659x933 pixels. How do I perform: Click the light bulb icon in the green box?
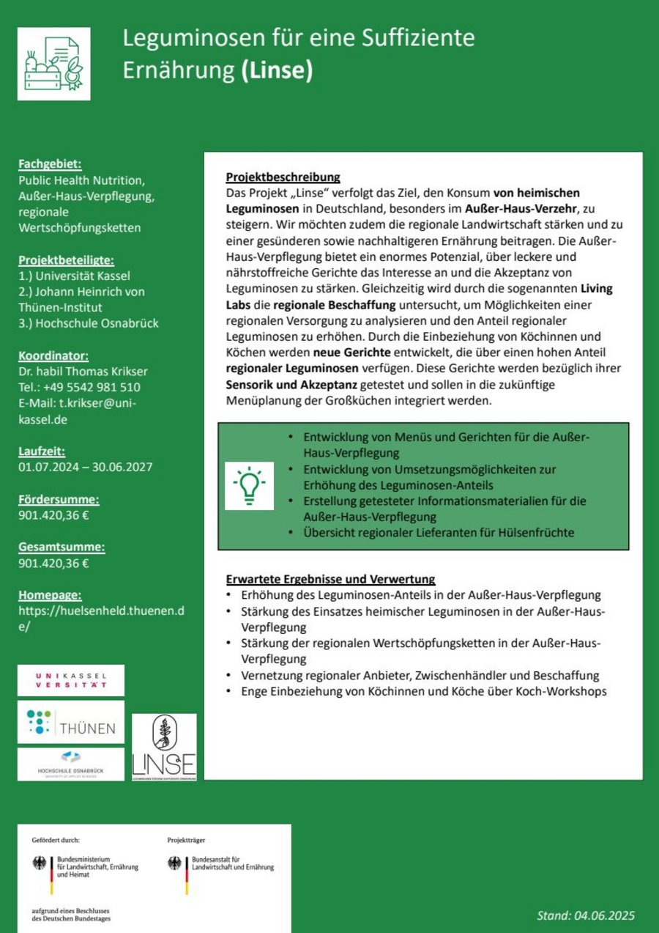pyautogui.click(x=249, y=485)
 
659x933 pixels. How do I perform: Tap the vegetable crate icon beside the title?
pyautogui.click(x=54, y=64)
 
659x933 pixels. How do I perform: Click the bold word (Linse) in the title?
pyautogui.click(x=277, y=70)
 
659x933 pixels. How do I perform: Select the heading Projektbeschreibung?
pyautogui.click(x=283, y=177)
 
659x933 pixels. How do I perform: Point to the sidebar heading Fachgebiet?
pyautogui.click(x=50, y=163)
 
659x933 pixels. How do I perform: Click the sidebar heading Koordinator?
pyautogui.click(x=53, y=356)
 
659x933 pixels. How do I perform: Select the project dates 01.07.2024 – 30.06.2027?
pyautogui.click(x=85, y=467)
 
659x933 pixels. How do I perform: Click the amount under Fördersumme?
pyautogui.click(x=53, y=515)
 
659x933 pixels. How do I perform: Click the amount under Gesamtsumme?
pyautogui.click(x=53, y=564)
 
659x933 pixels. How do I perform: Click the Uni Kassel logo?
pyautogui.click(x=71, y=680)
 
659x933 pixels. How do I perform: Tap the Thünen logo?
pyautogui.click(x=71, y=722)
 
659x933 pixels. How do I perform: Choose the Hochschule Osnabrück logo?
pyautogui.click(x=71, y=764)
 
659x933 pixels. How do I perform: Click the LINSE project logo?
pyautogui.click(x=164, y=747)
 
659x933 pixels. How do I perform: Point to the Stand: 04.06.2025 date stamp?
pyautogui.click(x=585, y=915)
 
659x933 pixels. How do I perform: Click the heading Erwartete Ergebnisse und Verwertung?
pyautogui.click(x=330, y=579)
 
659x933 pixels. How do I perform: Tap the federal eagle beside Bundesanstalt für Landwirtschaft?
pyautogui.click(x=175, y=863)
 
